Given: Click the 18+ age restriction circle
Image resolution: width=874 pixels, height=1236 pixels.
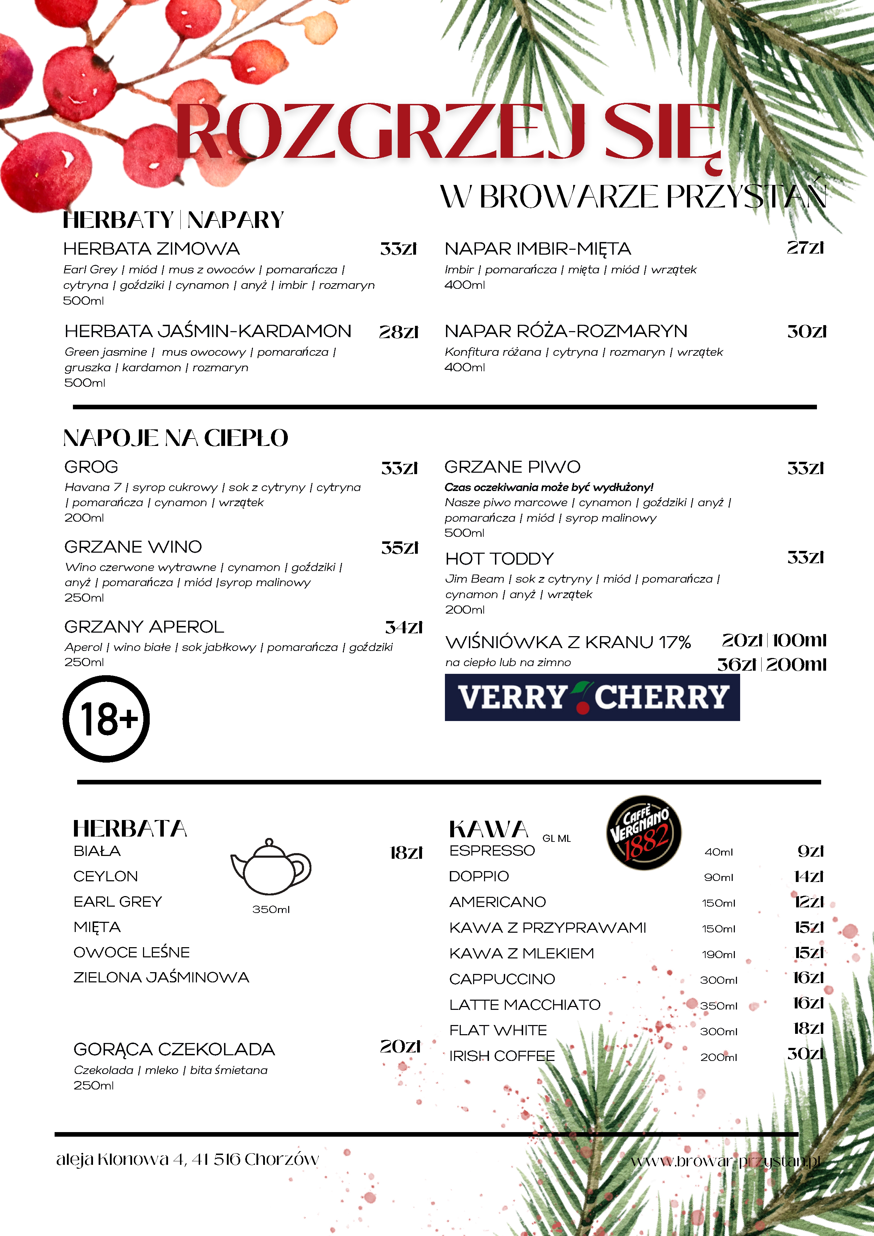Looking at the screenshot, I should pyautogui.click(x=106, y=719).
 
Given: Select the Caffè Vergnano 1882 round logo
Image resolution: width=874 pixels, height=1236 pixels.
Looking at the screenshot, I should pyautogui.click(x=644, y=832).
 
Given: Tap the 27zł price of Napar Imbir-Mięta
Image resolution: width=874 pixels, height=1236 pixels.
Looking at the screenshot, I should pyautogui.click(x=805, y=248).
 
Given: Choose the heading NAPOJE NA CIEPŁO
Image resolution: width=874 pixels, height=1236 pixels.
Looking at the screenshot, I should pyautogui.click(x=175, y=438).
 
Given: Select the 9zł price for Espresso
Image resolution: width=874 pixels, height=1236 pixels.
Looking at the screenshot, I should pyautogui.click(x=811, y=851).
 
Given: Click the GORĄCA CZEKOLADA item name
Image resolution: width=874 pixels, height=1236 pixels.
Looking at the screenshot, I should pyautogui.click(x=174, y=1049).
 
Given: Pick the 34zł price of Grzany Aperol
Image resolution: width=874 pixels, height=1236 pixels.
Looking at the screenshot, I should pyautogui.click(x=403, y=627).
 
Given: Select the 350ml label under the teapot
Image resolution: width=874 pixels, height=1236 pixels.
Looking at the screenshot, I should pyautogui.click(x=271, y=909).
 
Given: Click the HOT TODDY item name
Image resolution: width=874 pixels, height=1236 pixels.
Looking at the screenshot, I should pyautogui.click(x=499, y=559).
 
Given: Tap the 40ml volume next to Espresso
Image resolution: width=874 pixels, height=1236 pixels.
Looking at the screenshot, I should pyautogui.click(x=718, y=852).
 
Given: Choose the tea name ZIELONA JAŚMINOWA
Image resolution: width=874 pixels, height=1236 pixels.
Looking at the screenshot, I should pyautogui.click(x=161, y=977).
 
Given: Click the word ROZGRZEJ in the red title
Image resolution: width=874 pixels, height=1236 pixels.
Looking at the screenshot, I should pyautogui.click(x=380, y=132).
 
